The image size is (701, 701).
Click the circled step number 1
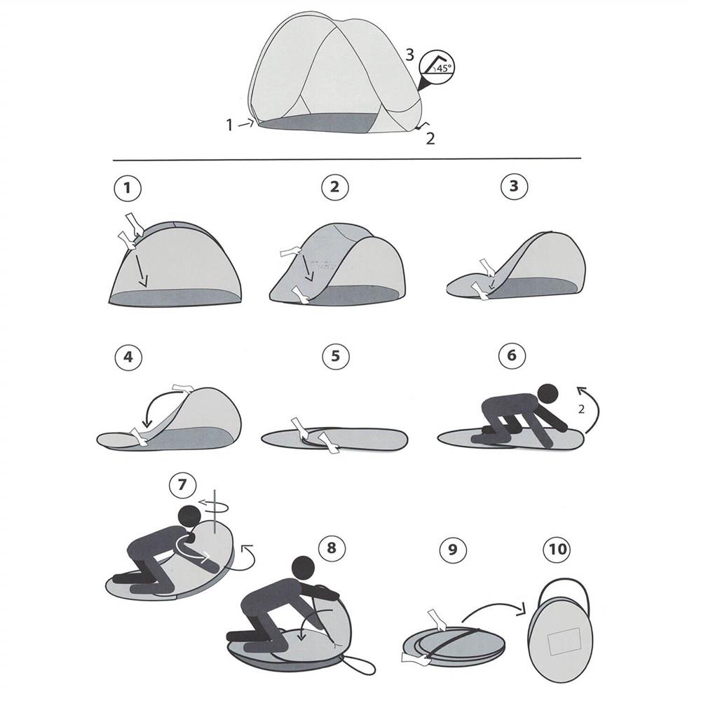coord(128,188)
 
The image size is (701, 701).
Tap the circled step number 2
coord(334,187)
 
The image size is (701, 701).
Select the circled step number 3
coord(514,187)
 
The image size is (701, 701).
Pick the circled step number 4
coord(128,357)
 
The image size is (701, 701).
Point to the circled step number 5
coord(336,357)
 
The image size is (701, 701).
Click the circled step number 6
coord(512,356)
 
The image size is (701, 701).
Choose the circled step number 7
coord(183,485)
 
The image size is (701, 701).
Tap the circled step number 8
coord(332,547)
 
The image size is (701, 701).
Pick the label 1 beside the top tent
coord(229,125)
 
